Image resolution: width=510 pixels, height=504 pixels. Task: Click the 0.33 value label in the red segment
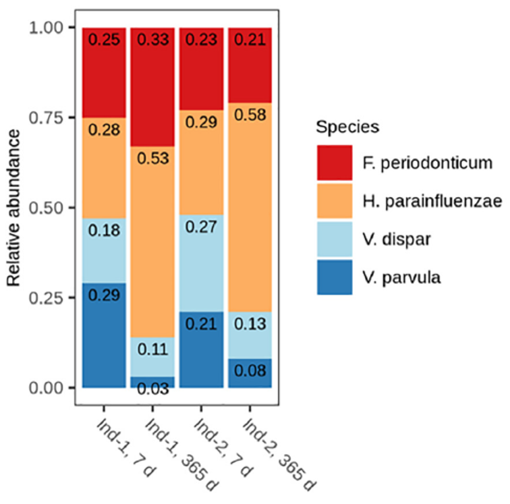(x=152, y=40)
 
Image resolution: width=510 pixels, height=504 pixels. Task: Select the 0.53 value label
(x=152, y=159)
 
